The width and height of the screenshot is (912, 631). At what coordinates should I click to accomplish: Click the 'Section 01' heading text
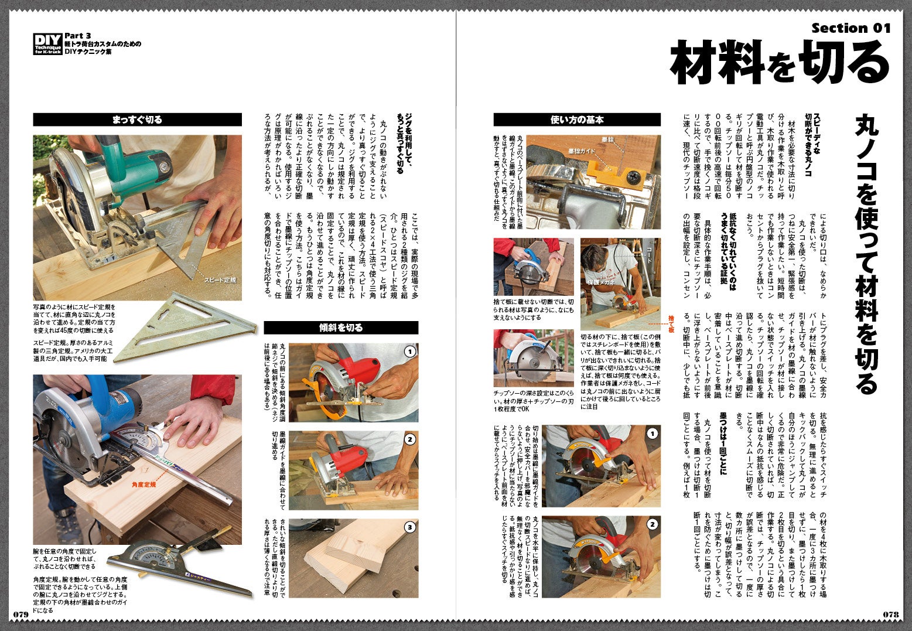(x=851, y=28)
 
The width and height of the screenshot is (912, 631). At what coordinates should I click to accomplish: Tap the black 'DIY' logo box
(x=47, y=44)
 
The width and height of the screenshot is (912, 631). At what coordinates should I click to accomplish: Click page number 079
(x=21, y=614)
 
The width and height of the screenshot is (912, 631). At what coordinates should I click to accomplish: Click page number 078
(x=891, y=614)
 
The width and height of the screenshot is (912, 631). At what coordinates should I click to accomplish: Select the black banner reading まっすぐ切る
(x=137, y=120)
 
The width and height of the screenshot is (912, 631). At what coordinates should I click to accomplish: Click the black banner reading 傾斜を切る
(x=341, y=328)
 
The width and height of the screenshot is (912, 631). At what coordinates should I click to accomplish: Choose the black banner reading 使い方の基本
(x=577, y=120)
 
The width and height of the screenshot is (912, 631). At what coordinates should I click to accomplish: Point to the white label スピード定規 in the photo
(x=220, y=280)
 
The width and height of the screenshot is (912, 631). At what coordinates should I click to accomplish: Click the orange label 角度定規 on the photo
(x=144, y=485)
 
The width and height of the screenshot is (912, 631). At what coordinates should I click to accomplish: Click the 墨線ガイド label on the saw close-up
(x=582, y=151)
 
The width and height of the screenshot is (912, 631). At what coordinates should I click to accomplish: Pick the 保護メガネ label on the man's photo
(x=601, y=282)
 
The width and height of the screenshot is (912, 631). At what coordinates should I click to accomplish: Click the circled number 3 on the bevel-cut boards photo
(x=410, y=527)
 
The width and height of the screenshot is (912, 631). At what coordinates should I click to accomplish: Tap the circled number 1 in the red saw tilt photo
(x=410, y=351)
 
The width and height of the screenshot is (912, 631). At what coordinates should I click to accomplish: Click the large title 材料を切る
(x=780, y=62)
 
